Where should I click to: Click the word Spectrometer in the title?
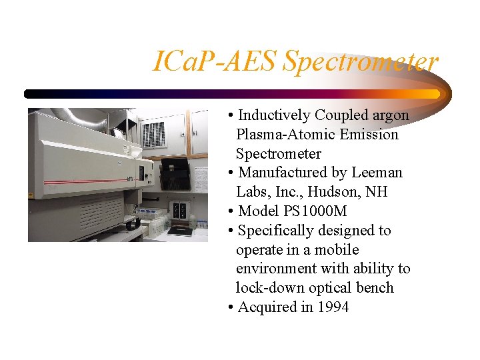[361, 62]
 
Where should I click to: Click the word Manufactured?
[283, 173]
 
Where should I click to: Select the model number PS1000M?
[313, 211]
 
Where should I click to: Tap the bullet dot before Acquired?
[230, 307]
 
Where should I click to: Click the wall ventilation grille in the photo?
[153, 134]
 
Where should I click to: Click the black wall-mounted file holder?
[175, 175]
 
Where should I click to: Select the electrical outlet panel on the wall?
[178, 210]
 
